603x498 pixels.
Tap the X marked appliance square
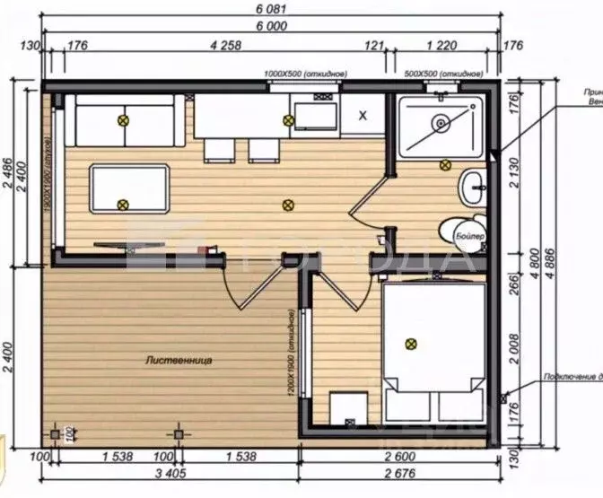pos(363,116)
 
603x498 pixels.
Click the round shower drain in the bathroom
pos(440,123)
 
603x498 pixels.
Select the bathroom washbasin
pos(473,188)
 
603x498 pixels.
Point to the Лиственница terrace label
pos(178,360)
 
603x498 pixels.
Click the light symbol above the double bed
pos(411,342)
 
